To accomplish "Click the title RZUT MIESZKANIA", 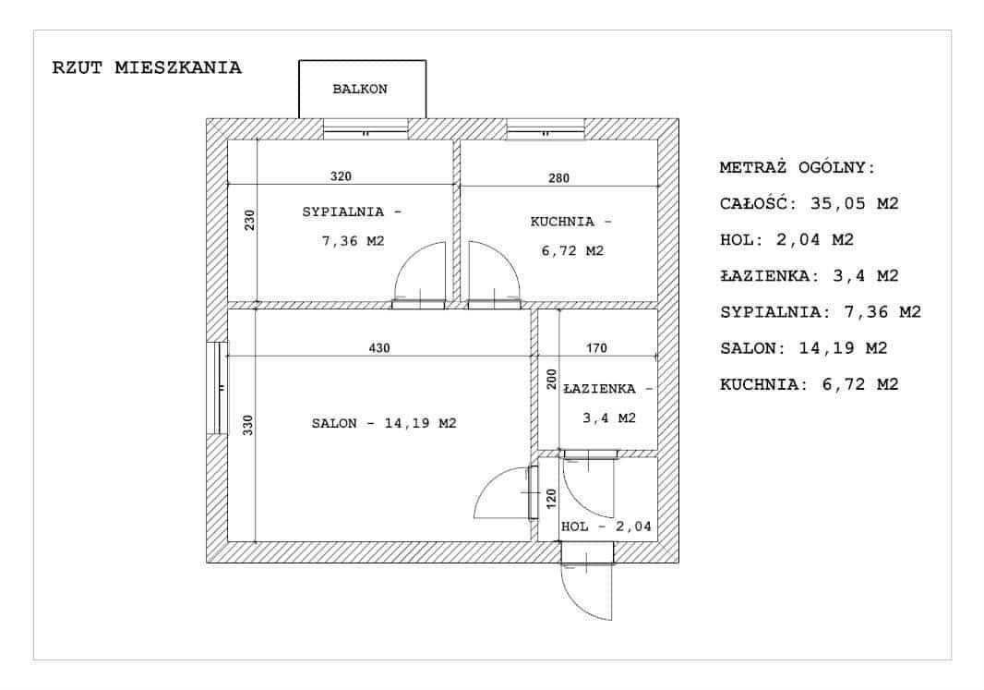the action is [147, 67].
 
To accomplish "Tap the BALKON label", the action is [360, 90].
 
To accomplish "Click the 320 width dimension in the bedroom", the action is [341, 176].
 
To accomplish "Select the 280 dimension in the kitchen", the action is [558, 178].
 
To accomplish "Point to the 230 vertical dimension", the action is [250, 220].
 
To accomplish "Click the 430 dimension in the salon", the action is [379, 348].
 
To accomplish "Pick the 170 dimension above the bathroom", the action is [596, 348].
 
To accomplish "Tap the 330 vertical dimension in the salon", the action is [248, 425].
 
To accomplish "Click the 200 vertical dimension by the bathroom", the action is [552, 380].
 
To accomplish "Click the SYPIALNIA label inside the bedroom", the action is [343, 212].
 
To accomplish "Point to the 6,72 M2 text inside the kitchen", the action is [572, 251].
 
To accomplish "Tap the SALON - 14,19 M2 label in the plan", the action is [384, 424].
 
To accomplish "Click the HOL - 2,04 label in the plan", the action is [606, 527].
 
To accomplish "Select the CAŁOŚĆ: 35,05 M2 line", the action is [810, 204].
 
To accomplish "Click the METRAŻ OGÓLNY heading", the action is [798, 167].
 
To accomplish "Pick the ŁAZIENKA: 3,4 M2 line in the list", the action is [810, 275].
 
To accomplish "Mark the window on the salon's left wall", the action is [218, 388].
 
